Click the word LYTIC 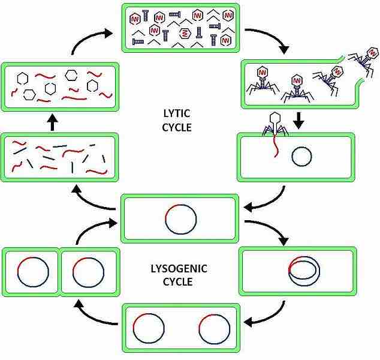click(177, 113)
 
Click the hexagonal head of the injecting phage click(276, 118)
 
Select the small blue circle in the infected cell click(301, 157)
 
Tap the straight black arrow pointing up click(52, 123)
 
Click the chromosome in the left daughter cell click(33, 272)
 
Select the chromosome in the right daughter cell click(88, 272)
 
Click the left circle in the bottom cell click(148, 328)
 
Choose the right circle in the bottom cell click(214, 328)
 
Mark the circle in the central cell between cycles click(180, 220)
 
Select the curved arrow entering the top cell click(90, 39)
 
